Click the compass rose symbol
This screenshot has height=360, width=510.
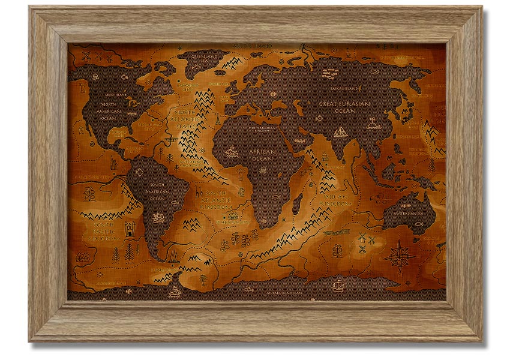click(399, 256)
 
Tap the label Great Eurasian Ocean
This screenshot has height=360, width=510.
click(344, 107)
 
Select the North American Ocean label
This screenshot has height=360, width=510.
click(108, 111)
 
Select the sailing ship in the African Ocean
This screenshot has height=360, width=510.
click(232, 152)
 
